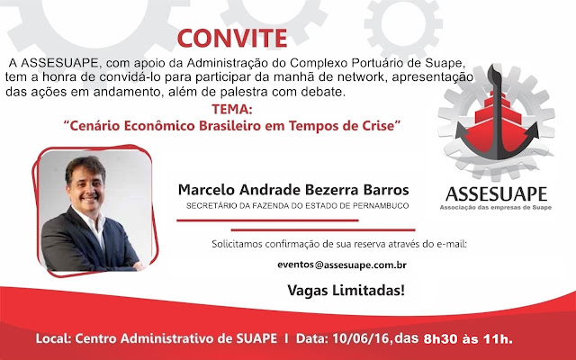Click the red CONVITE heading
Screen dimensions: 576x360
232,38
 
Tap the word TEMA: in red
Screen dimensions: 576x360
232,110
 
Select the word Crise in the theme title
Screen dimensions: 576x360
380,126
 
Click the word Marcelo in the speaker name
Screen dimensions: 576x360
206,190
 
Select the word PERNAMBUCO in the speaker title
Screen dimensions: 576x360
381,206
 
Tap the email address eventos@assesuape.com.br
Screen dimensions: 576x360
342,265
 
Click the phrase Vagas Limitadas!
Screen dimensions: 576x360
346,290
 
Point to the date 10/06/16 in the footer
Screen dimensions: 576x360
361,338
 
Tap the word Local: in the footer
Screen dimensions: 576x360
53,338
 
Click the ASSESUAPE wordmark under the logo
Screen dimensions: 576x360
496,194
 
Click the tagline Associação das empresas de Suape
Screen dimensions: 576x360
496,208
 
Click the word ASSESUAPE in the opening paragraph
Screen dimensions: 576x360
59,63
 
